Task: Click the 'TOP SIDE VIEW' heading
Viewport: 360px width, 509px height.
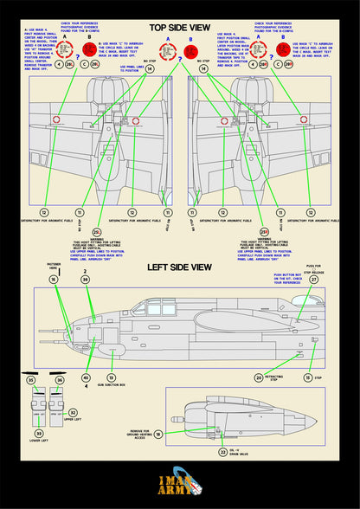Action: pyautogui.click(x=180, y=28)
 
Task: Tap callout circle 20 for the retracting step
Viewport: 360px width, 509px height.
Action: pyautogui.click(x=259, y=377)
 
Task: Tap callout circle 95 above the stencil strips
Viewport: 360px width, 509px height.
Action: pyautogui.click(x=31, y=380)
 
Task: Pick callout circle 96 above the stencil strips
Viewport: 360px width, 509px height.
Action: pyautogui.click(x=60, y=380)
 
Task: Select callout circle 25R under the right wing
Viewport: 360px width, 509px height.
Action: pyautogui.click(x=263, y=233)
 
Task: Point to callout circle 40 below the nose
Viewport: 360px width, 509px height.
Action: pyautogui.click(x=86, y=378)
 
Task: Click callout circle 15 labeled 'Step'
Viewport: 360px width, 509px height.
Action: pyautogui.click(x=307, y=377)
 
